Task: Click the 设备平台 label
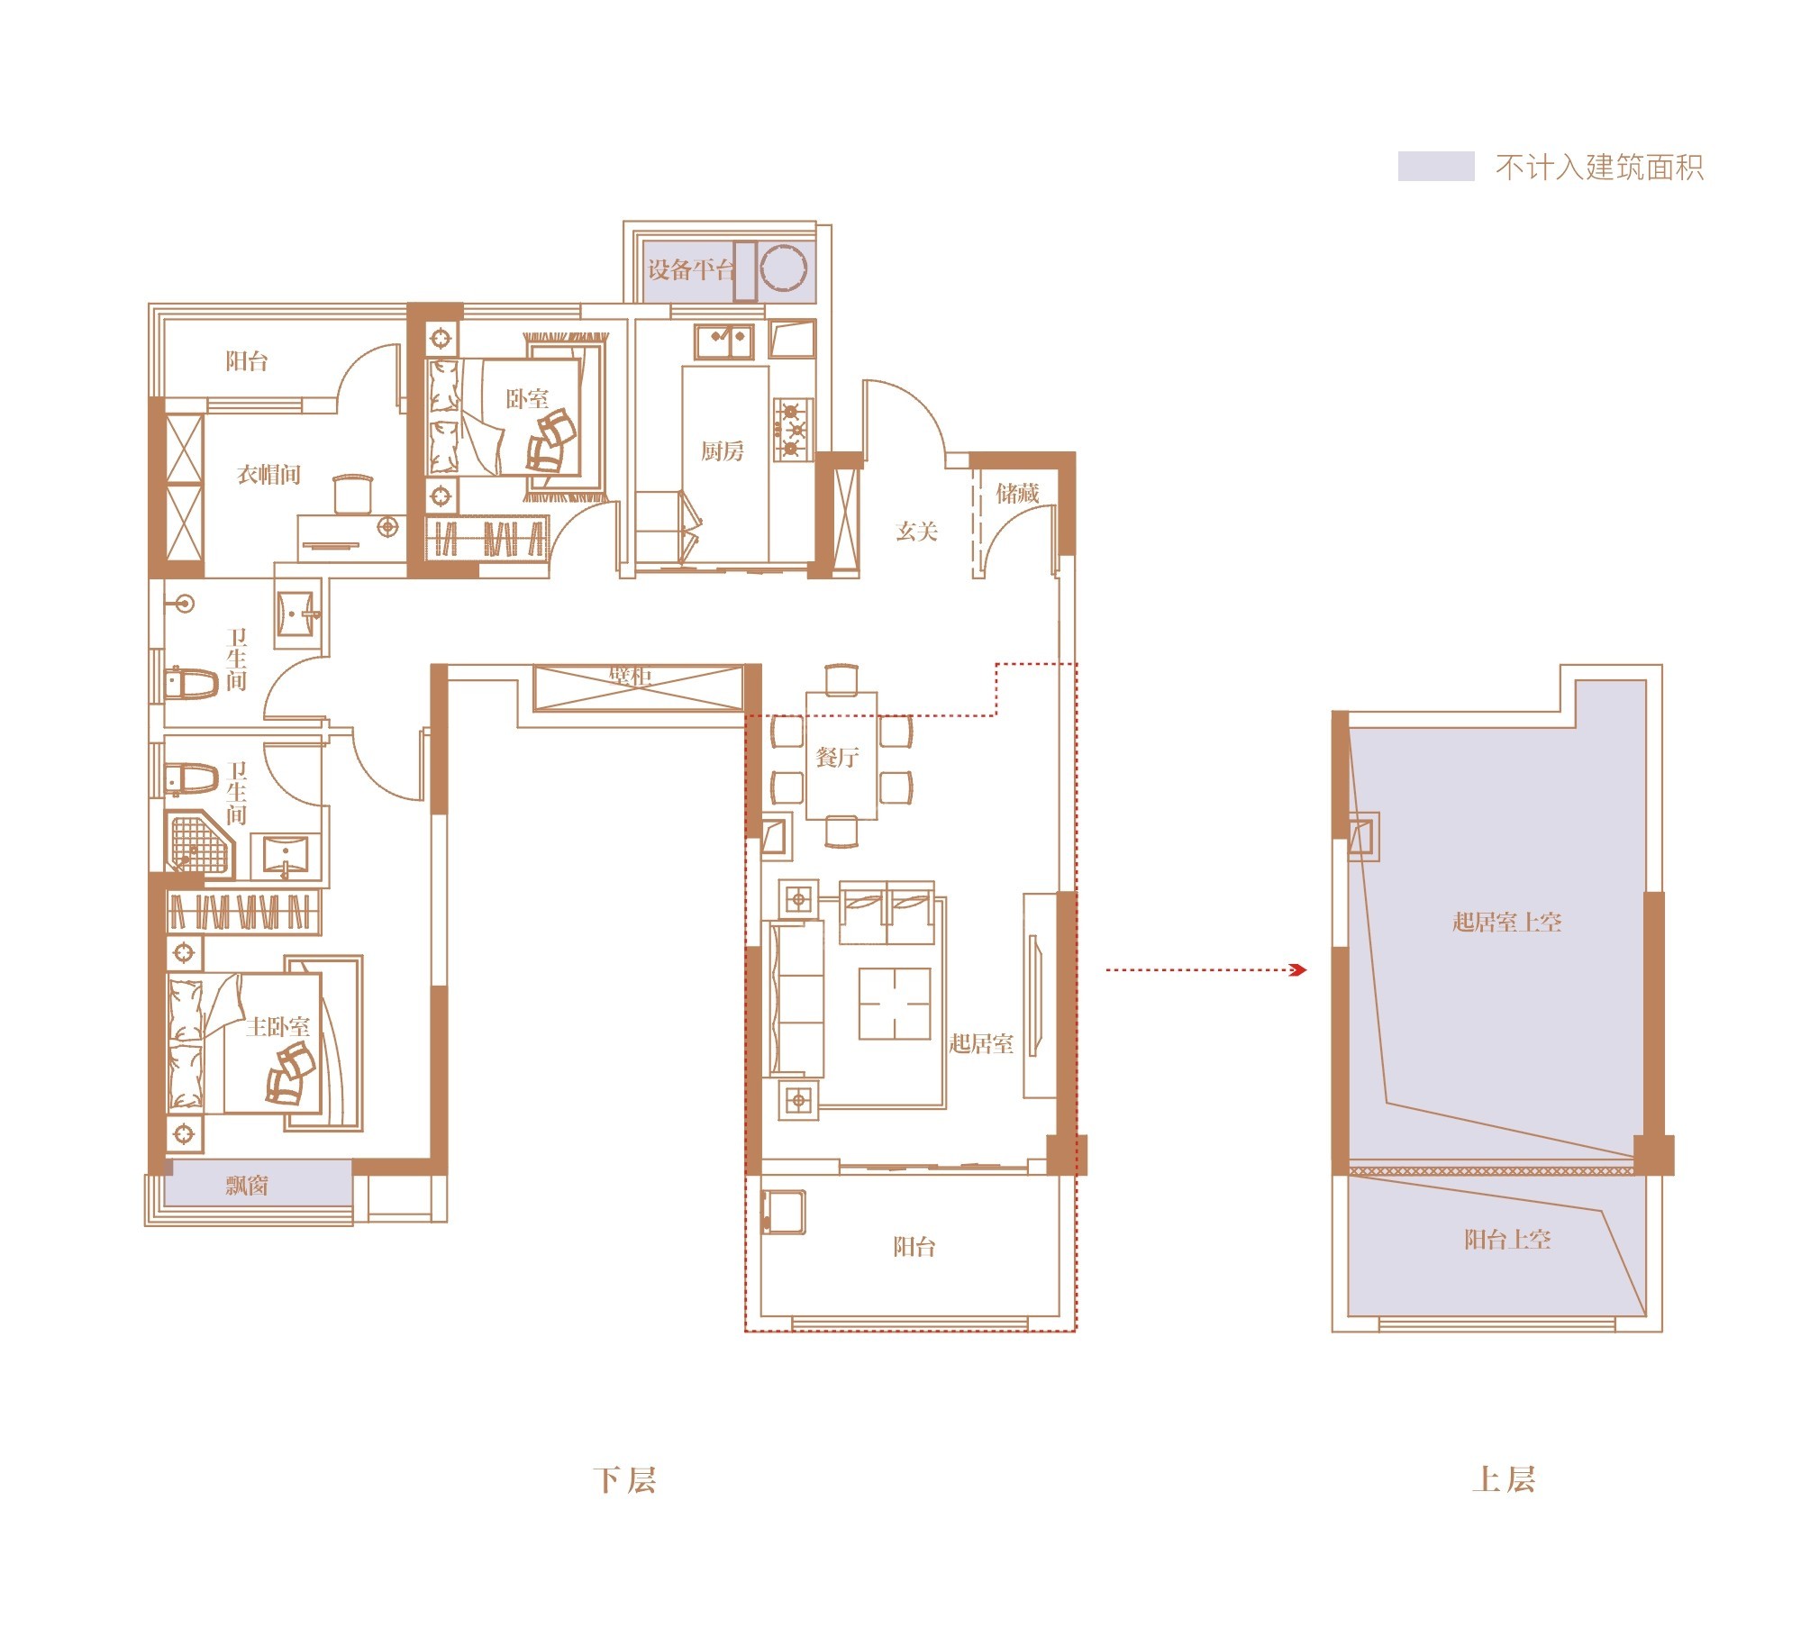pos(689,269)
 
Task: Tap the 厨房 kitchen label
pos(723,450)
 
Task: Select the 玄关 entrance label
pos(917,532)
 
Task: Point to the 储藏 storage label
pos(1017,493)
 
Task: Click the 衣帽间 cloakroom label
pos(268,475)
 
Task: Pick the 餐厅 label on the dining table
pos(837,757)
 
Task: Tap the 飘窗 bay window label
pos(247,1185)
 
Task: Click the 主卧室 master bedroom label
pos(278,1027)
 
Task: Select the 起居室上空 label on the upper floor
pos(1506,922)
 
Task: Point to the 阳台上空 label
pos(1507,1240)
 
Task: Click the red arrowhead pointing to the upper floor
pos(1298,970)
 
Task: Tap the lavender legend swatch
pos(1435,167)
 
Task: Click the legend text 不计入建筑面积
pos(1599,168)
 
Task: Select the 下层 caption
pos(624,1481)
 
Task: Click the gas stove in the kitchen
pos(792,430)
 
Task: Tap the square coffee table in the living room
pos(894,1004)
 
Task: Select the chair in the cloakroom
pos(352,494)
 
